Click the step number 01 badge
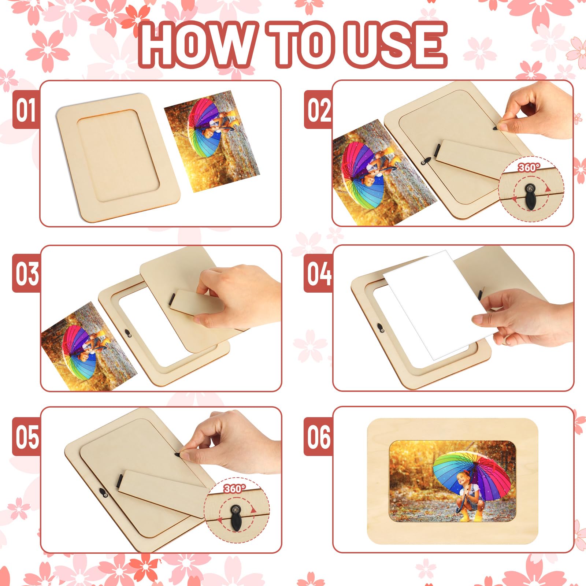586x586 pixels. coord(26,110)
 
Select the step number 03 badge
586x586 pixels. coord(26,274)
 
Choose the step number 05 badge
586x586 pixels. coord(26,437)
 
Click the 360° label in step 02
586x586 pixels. coord(529,167)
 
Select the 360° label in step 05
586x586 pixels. coord(235,489)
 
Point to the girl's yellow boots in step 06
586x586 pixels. coord(471,516)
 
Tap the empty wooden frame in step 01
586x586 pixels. coord(118,157)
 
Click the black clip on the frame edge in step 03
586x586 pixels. coord(127,333)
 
